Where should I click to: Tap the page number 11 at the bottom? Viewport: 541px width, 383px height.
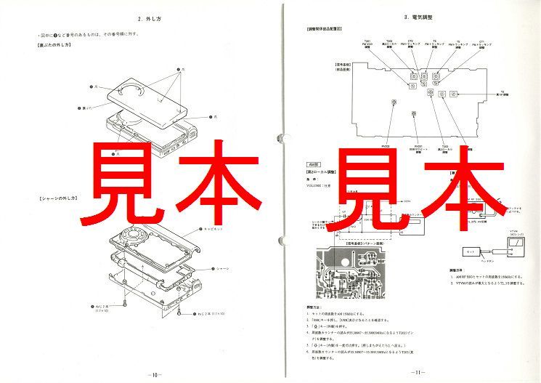417,372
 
